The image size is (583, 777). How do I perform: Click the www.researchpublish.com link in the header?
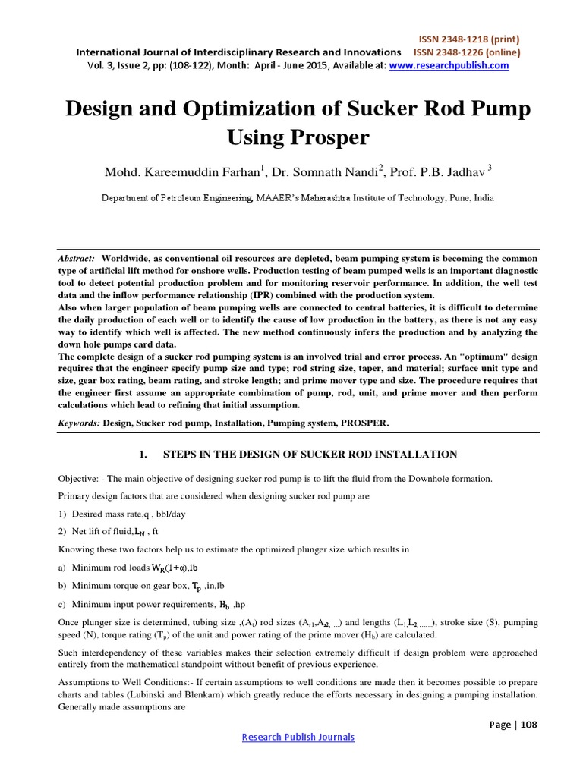(x=449, y=66)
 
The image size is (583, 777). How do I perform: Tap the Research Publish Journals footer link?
(x=298, y=737)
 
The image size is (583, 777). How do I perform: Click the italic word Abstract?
(x=77, y=259)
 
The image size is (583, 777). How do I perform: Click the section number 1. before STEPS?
(x=141, y=455)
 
